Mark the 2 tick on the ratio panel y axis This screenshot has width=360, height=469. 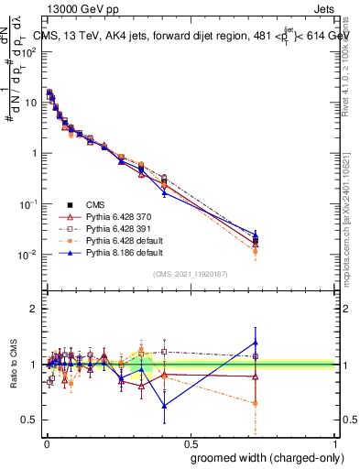point(35,309)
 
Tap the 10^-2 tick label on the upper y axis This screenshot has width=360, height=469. point(28,254)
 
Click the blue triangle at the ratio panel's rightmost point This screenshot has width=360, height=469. point(256,343)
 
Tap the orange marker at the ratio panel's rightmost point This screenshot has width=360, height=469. point(256,403)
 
